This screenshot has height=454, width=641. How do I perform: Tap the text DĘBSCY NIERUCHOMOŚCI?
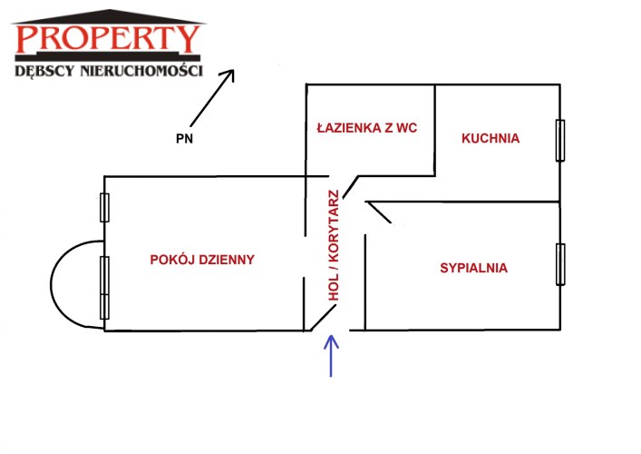[108, 70]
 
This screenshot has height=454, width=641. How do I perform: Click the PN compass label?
[185, 139]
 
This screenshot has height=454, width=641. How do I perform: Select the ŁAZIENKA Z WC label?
[366, 128]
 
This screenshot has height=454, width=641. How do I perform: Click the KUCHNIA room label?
[490, 139]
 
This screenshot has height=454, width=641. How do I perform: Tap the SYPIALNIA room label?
[473, 268]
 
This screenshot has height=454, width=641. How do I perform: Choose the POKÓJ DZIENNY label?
[202, 259]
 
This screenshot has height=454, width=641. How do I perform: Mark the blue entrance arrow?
[331, 354]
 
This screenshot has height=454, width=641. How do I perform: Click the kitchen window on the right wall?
[560, 139]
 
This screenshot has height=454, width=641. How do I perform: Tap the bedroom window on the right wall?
[560, 264]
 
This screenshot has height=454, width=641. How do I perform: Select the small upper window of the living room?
[105, 207]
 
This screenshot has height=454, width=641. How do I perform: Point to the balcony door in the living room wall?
[104, 286]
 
